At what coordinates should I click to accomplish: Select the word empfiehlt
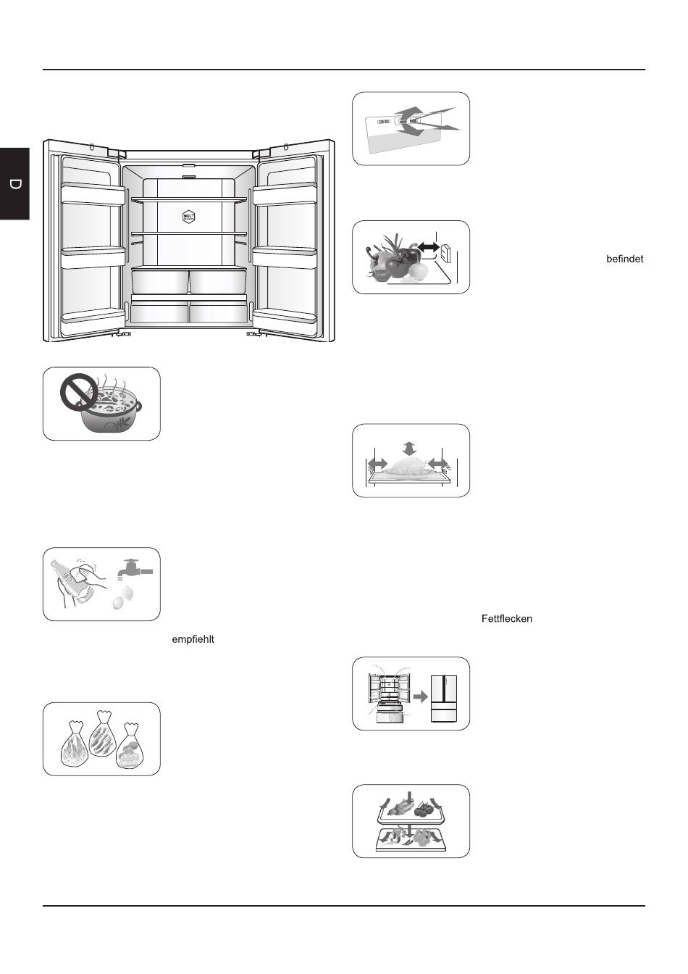coord(193,640)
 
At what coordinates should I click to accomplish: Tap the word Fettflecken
coord(506,619)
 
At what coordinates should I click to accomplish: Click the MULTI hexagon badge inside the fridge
coord(189,217)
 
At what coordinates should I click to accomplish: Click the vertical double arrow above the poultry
coord(411,447)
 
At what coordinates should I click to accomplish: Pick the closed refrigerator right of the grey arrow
coord(444,699)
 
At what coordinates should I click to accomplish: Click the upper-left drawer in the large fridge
coord(160,280)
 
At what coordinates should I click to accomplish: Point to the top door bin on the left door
coord(91,192)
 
